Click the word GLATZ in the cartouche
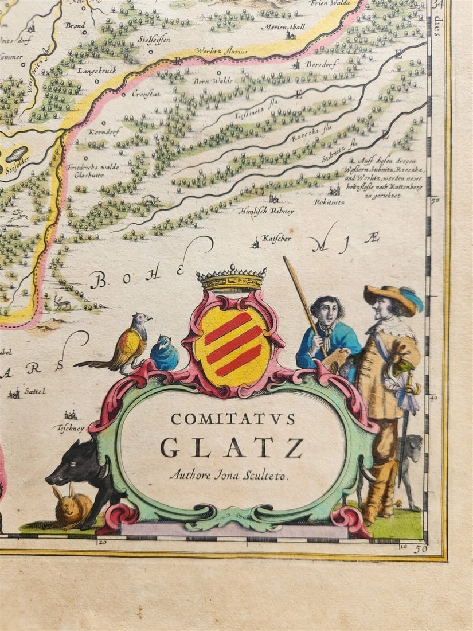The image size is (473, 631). click(232, 447)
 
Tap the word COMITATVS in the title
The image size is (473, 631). click(233, 419)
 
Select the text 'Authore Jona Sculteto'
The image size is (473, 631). click(230, 474)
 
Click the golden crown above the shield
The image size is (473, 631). click(231, 279)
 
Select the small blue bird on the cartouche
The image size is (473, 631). click(165, 354)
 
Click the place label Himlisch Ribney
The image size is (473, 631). click(266, 211)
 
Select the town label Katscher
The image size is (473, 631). click(273, 237)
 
